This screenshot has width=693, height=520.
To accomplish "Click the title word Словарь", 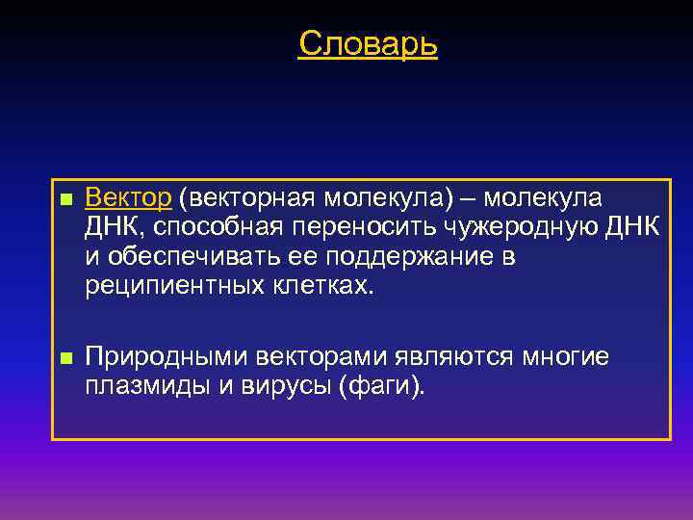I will click(368, 43).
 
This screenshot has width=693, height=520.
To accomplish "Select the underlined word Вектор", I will click(128, 198).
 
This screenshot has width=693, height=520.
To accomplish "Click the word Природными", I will click(167, 358).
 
